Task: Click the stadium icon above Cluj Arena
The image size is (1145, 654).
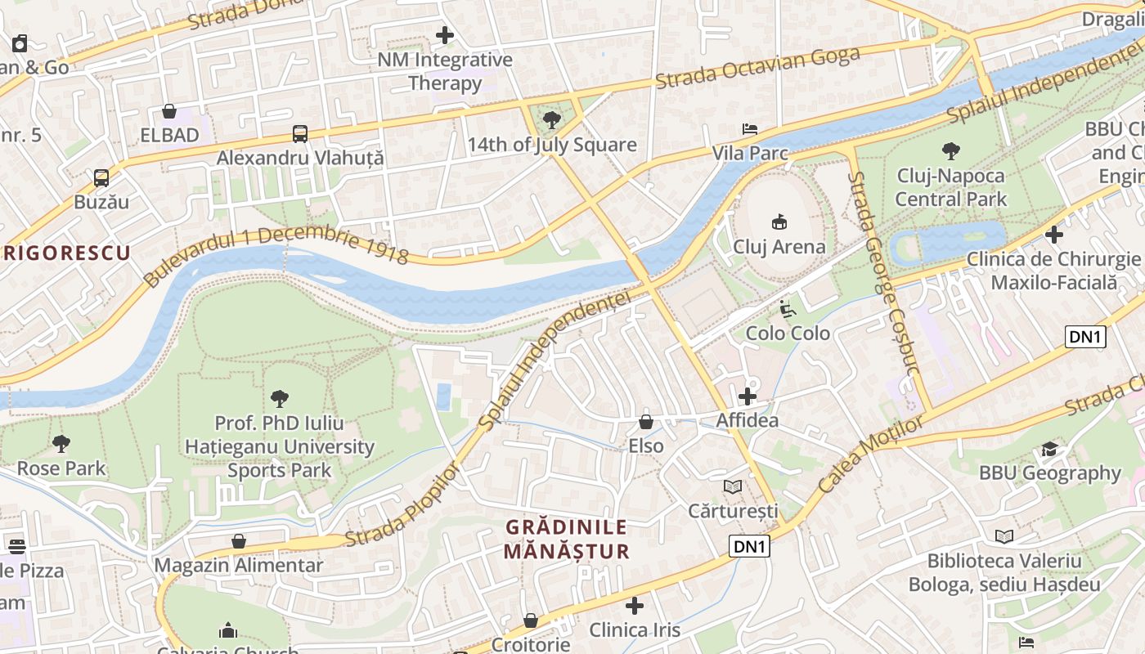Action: (x=779, y=222)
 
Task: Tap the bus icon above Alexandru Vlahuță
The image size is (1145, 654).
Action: (x=300, y=134)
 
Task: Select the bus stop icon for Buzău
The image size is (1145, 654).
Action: (x=101, y=177)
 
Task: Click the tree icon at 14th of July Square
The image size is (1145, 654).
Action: (x=552, y=121)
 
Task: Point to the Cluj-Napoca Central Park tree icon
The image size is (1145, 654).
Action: (x=950, y=151)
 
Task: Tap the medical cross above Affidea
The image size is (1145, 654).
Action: (x=747, y=396)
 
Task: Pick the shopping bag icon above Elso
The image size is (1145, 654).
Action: (x=646, y=422)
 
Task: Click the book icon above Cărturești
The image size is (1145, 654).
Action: (x=733, y=486)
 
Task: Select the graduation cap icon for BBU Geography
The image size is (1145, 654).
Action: (x=1049, y=449)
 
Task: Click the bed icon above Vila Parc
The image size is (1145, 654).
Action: (x=749, y=129)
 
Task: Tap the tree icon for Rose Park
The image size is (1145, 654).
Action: (x=61, y=444)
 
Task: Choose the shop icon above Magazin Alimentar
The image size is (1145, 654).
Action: (x=239, y=541)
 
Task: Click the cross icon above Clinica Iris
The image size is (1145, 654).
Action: (x=635, y=606)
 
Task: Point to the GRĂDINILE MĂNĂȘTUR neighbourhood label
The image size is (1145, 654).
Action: (x=566, y=540)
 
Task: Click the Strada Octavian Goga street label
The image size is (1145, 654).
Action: (x=757, y=68)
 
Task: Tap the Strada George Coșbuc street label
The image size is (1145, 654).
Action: (x=883, y=272)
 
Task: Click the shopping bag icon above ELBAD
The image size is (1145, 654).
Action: (x=169, y=111)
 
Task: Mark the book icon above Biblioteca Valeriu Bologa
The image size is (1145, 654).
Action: (x=1004, y=536)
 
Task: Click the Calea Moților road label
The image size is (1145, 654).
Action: (x=870, y=453)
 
